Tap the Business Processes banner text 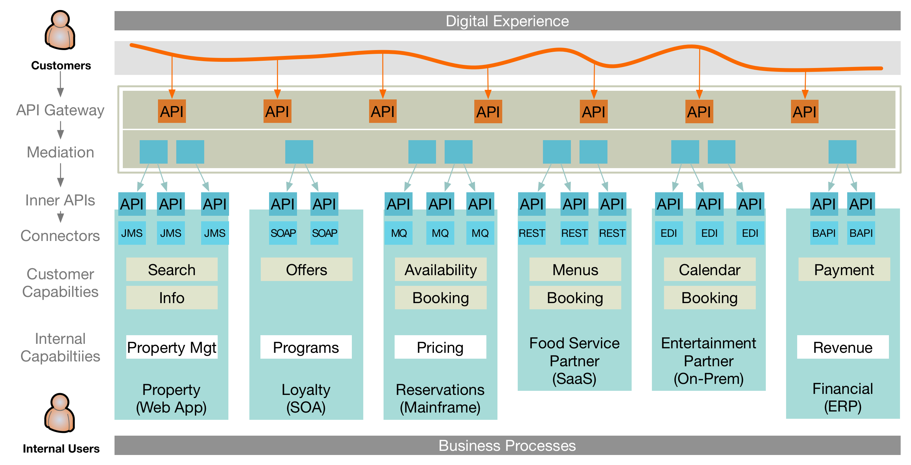coord(507,445)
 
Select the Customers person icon coord(60,30)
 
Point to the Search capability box coord(171,270)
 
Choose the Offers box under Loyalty coord(306,270)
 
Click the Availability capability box coord(440,270)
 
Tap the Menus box coord(575,270)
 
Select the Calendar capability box coord(709,270)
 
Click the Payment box coord(843,270)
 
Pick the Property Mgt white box coord(171,347)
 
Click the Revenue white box coord(842,347)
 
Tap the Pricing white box coord(440,347)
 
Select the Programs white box coord(306,347)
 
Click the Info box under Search coord(171,298)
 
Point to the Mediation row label coord(60,152)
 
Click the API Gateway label coord(60,110)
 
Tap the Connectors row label coord(60,236)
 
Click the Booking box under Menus coord(575,298)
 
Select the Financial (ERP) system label coord(842,397)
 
